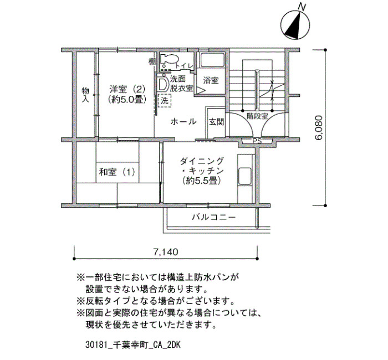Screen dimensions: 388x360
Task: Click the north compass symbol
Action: point(295,25)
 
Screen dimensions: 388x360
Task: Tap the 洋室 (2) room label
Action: point(127,94)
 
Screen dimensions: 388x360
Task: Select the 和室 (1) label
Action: point(117,172)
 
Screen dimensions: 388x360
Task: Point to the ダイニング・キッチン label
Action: point(201,171)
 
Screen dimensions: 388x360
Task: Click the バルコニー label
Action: point(214,217)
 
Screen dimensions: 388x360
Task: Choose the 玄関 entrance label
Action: point(216,122)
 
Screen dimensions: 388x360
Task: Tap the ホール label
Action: point(183,122)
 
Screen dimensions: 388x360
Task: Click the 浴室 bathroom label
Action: point(211,80)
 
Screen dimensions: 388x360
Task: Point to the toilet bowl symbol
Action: point(169,60)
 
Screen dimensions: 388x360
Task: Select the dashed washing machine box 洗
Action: point(165,100)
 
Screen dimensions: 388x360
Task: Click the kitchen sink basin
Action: point(245,177)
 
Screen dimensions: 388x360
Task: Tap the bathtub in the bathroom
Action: point(212,59)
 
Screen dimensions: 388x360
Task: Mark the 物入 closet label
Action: point(85,95)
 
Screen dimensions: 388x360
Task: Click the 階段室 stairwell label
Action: point(257,116)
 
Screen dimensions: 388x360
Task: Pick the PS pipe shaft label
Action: point(257,141)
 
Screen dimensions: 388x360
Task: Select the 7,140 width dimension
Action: point(166,252)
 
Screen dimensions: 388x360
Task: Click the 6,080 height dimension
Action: point(319,127)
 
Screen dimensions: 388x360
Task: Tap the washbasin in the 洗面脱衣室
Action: point(162,84)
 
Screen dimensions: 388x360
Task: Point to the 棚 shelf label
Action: point(152,61)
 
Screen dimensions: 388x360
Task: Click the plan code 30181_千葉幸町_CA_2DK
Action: point(133,345)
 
